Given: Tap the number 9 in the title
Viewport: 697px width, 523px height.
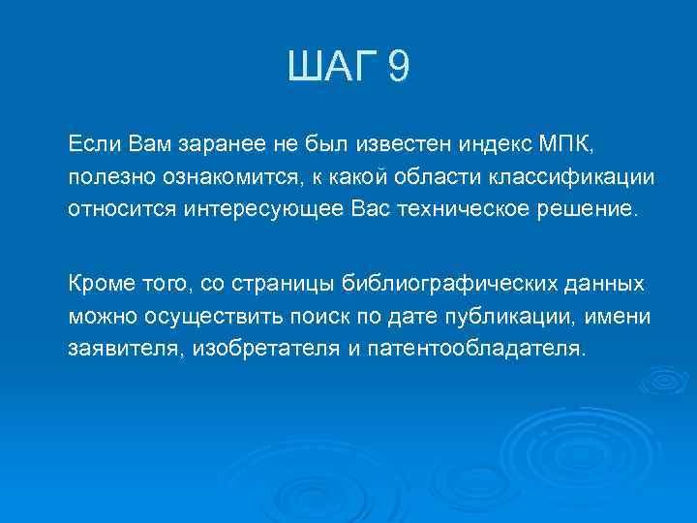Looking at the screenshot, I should tap(398, 69).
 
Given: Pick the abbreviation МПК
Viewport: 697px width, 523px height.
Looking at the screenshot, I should tap(568, 144).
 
